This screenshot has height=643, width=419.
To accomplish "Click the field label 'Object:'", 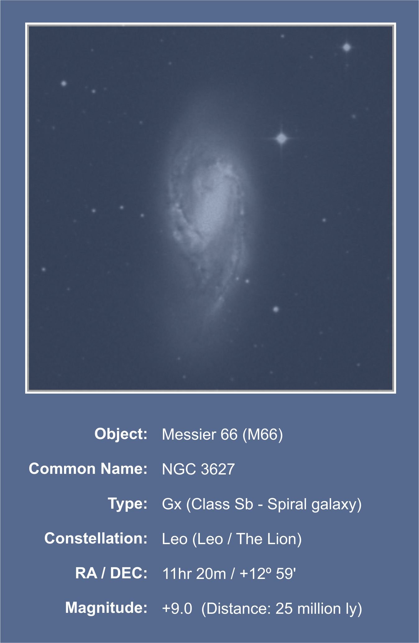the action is point(121,434).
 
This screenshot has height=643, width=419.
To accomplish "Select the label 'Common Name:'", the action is point(88,469).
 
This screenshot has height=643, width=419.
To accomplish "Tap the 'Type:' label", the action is point(127,504).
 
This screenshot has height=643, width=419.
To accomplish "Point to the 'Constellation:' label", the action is point(96,538).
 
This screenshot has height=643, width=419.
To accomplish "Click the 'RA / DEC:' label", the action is point(111,573).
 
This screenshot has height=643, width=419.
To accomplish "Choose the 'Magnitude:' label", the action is point(106,608).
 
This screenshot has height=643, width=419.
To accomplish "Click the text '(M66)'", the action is point(263,435).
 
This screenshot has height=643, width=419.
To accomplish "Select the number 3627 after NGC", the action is point(218,469).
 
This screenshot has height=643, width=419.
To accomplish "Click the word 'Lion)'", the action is point(285,539).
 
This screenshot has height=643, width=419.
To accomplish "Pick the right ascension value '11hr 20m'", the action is point(194,574).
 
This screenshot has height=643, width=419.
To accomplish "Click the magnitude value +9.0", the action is point(177,608).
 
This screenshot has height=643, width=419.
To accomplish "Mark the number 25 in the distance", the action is point(284,608).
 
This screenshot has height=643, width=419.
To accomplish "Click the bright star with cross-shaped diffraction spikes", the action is point(282,138).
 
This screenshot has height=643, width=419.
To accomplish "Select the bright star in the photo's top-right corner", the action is point(347,48).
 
